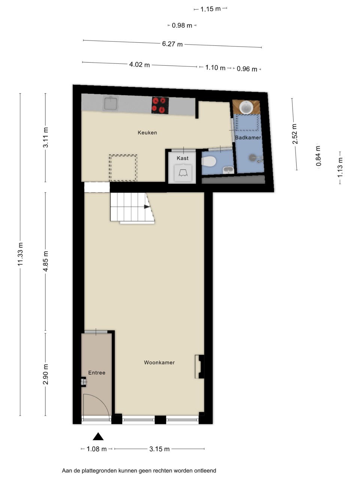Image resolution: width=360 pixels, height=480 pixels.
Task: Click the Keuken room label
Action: [147, 132]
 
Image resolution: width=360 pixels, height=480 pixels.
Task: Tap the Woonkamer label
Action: [159, 362]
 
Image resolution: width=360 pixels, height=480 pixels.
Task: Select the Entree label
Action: [97, 373]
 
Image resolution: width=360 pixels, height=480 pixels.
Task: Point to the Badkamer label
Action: [248, 138]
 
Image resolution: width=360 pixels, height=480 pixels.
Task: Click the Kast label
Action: [183, 158]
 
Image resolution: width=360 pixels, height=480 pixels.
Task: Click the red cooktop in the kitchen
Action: [160, 105]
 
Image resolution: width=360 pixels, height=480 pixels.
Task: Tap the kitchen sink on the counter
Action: [111, 103]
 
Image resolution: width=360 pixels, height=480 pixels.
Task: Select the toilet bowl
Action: [209, 162]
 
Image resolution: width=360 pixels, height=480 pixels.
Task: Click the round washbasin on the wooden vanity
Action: [246, 107]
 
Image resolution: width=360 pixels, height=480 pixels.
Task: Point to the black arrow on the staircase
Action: [147, 207]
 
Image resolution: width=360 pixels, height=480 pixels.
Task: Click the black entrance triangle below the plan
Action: [98, 436]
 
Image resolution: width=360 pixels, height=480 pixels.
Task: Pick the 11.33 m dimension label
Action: [20, 254]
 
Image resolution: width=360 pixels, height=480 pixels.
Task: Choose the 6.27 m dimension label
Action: [172, 44]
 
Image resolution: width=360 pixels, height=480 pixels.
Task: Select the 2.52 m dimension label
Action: [295, 134]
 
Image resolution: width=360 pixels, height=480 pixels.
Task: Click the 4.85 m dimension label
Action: [45, 261]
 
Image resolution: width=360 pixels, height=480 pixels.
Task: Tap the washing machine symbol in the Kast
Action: [183, 173]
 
